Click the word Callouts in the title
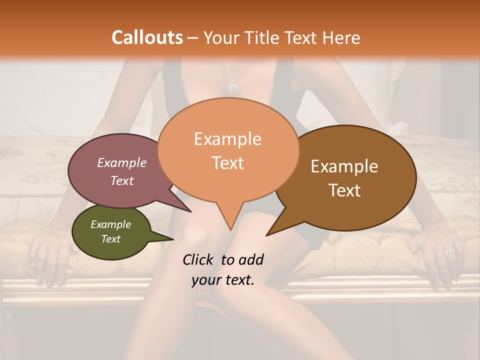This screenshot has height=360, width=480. tap(147, 37)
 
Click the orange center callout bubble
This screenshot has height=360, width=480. tap(228, 150)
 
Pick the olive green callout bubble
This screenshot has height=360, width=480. tap(111, 231)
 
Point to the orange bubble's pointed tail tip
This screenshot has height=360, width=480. tap(230, 230)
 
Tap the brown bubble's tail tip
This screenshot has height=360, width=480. tap(266, 235)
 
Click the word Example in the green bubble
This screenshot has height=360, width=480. tap(111, 224)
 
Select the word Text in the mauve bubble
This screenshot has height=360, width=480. tap(122, 180)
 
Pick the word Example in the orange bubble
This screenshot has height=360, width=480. tap(228, 139)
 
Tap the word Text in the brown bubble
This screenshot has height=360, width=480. tap(345, 190)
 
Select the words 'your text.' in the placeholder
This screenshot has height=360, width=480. tap(223, 280)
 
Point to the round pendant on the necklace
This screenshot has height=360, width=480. tap(233, 88)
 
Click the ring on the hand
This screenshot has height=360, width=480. tap(450, 251)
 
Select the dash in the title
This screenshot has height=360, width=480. tap(193, 37)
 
